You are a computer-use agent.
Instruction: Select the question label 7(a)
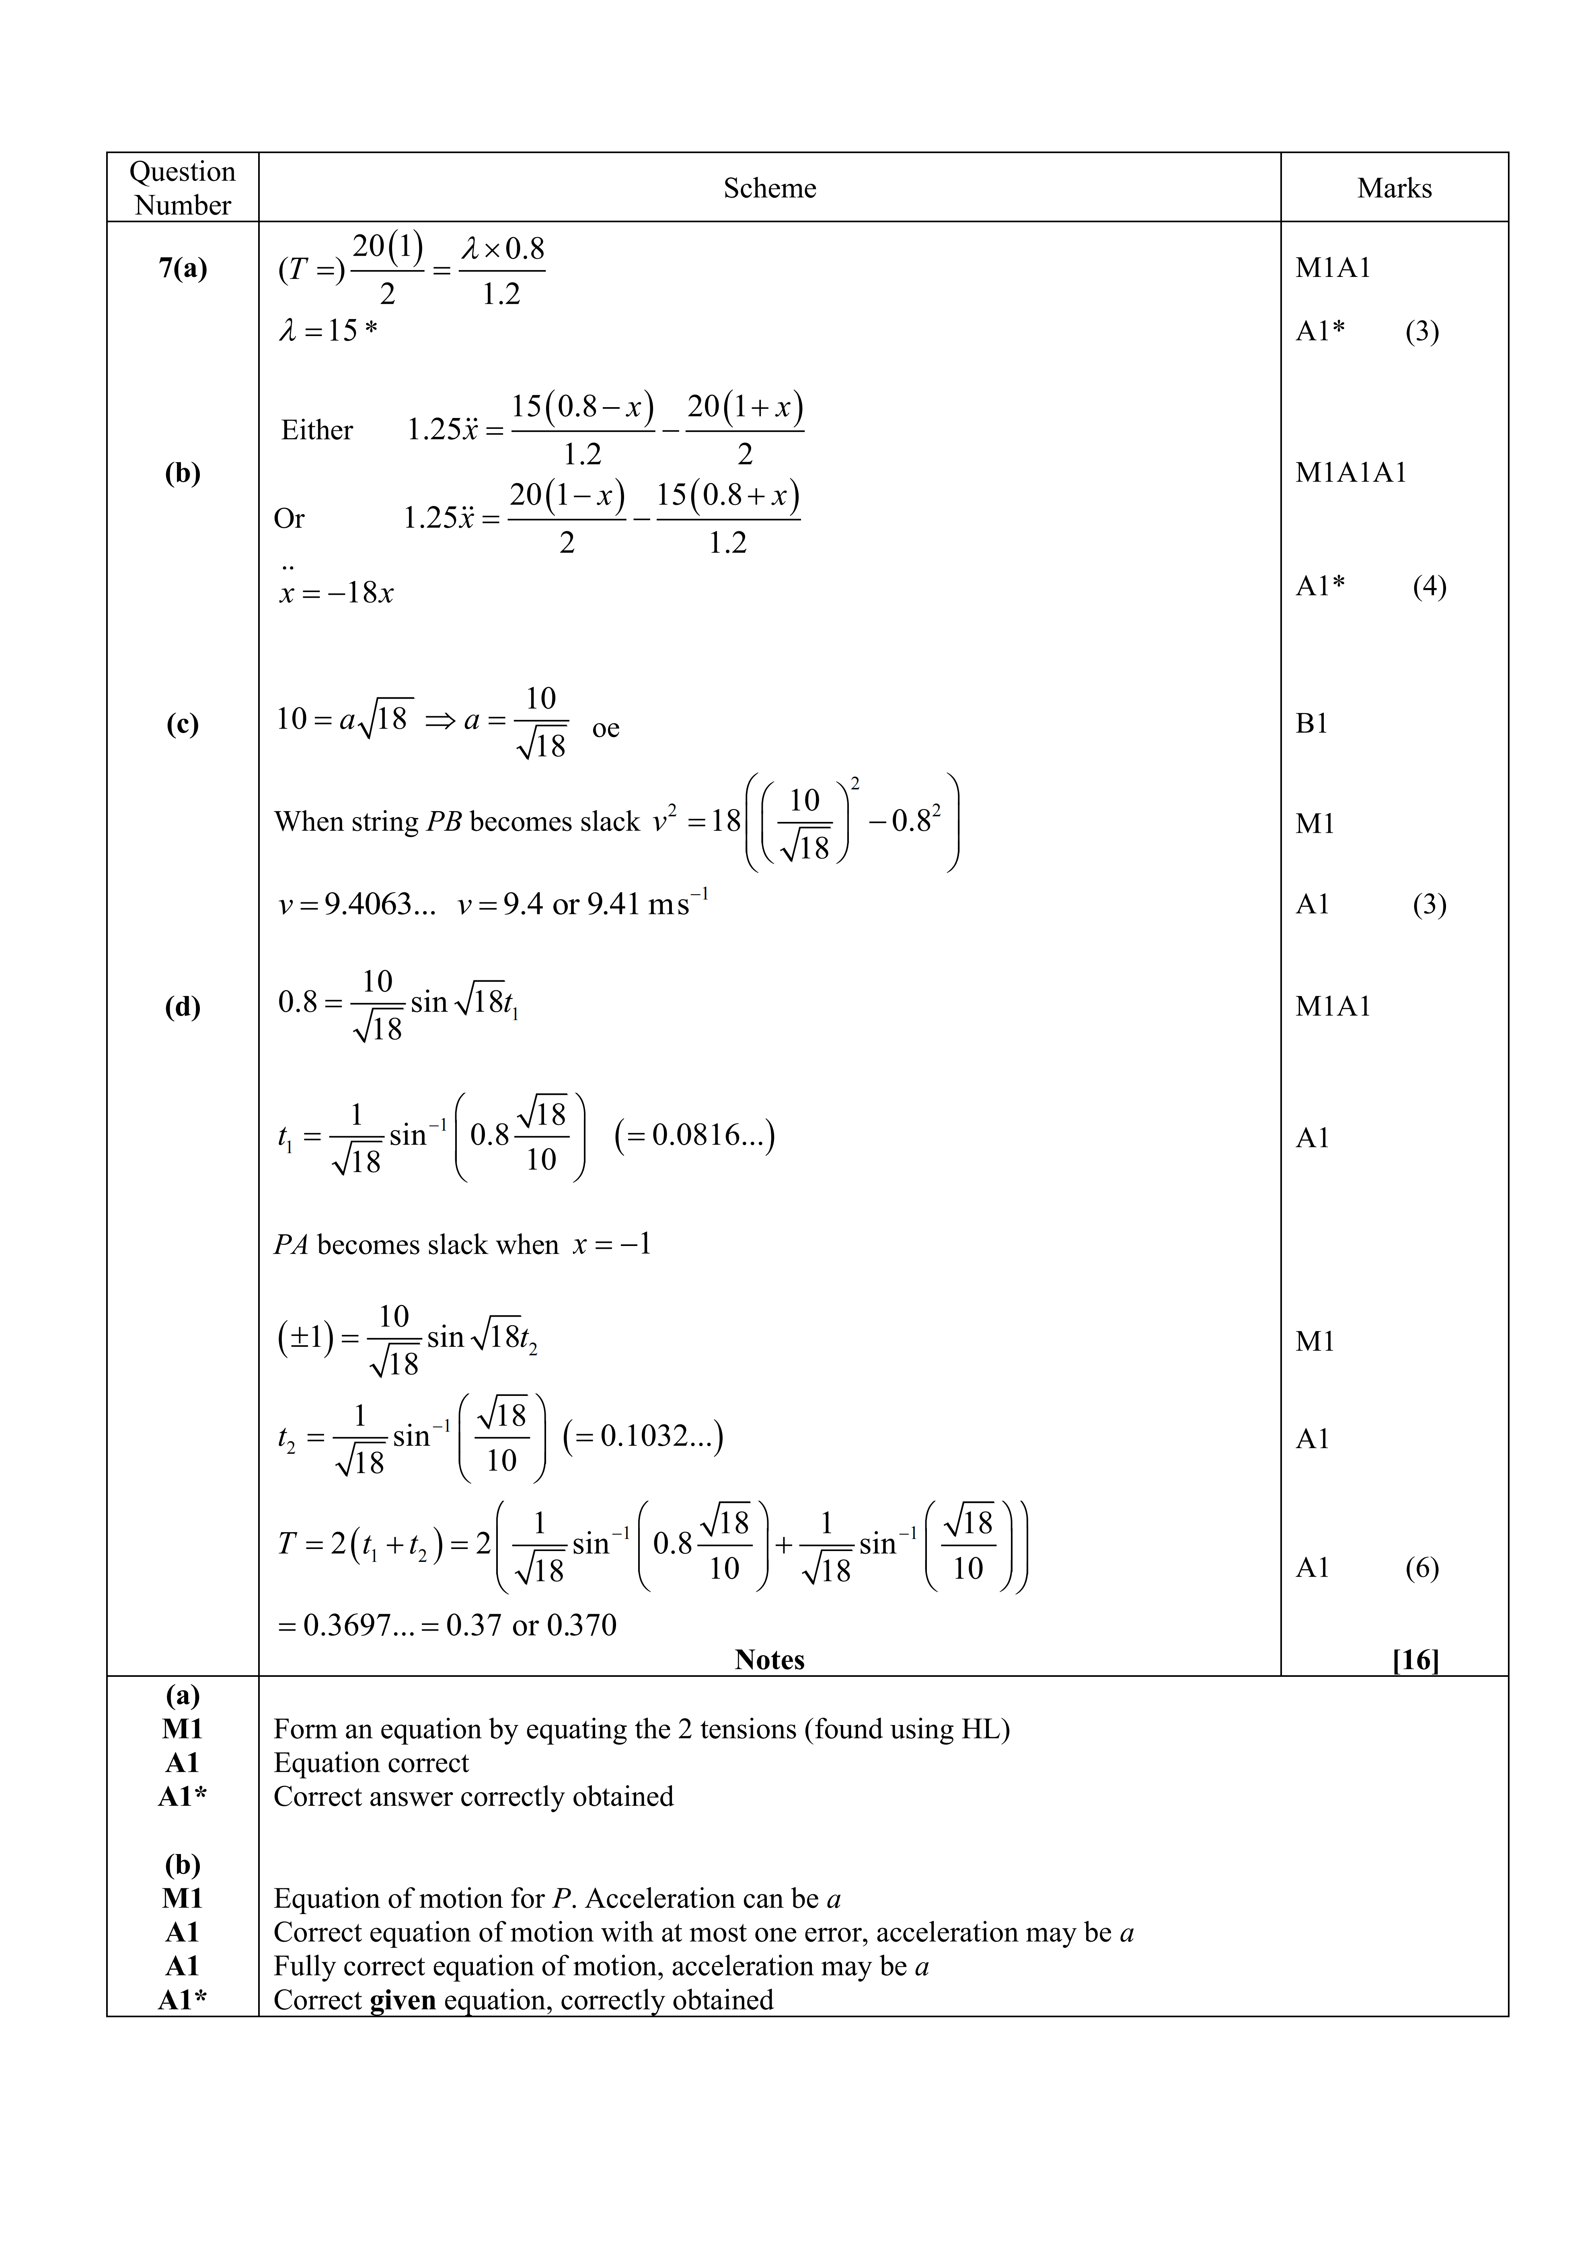pyautogui.click(x=183, y=268)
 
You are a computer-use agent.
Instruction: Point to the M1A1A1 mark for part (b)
pyautogui.click(x=1350, y=473)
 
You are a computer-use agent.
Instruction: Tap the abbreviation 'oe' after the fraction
pyautogui.click(x=605, y=728)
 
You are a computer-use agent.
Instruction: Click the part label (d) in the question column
pyautogui.click(x=183, y=1006)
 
